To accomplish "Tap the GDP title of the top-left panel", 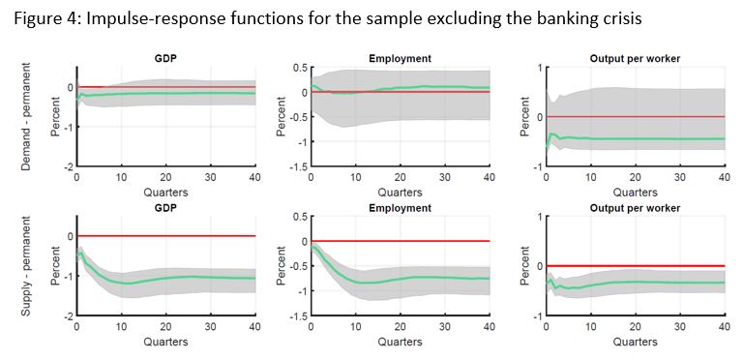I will point(165,59).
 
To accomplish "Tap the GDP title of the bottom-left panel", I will point(165,208).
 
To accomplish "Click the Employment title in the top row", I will point(400,59).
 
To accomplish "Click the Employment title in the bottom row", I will point(400,208).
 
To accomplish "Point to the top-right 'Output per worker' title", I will point(635,59).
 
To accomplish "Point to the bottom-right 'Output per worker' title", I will point(635,208).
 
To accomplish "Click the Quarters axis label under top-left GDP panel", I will point(165,193).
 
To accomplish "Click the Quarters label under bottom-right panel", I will point(635,342).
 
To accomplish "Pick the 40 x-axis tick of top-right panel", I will point(723,178).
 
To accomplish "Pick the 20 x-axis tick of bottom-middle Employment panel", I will point(400,327).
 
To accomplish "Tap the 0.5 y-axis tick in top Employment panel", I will point(300,68).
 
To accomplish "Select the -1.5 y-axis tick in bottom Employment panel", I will point(298,317).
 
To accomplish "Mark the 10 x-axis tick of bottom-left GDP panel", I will point(121,327).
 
